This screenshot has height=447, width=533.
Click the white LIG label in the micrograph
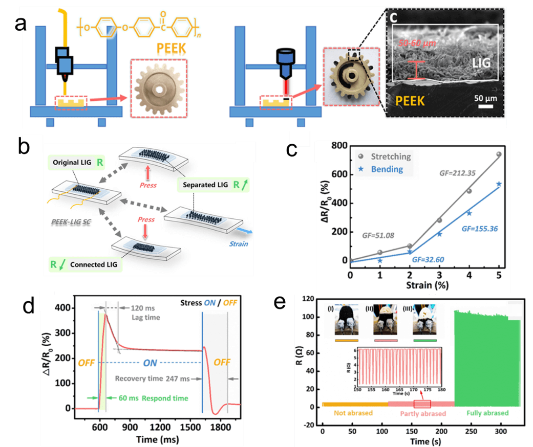point(481,63)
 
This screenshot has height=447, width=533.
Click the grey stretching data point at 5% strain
point(499,154)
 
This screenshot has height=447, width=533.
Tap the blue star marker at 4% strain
point(469,213)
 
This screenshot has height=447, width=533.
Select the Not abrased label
point(353,413)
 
